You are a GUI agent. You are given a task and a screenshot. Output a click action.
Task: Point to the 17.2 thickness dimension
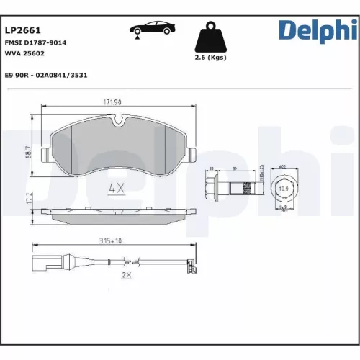[28, 199]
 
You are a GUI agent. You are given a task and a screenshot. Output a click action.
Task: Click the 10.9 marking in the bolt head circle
[283, 189]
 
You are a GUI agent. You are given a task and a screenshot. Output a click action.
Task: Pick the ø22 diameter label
[283, 168]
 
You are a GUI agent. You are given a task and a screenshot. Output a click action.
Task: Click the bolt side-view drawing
[231, 189]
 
